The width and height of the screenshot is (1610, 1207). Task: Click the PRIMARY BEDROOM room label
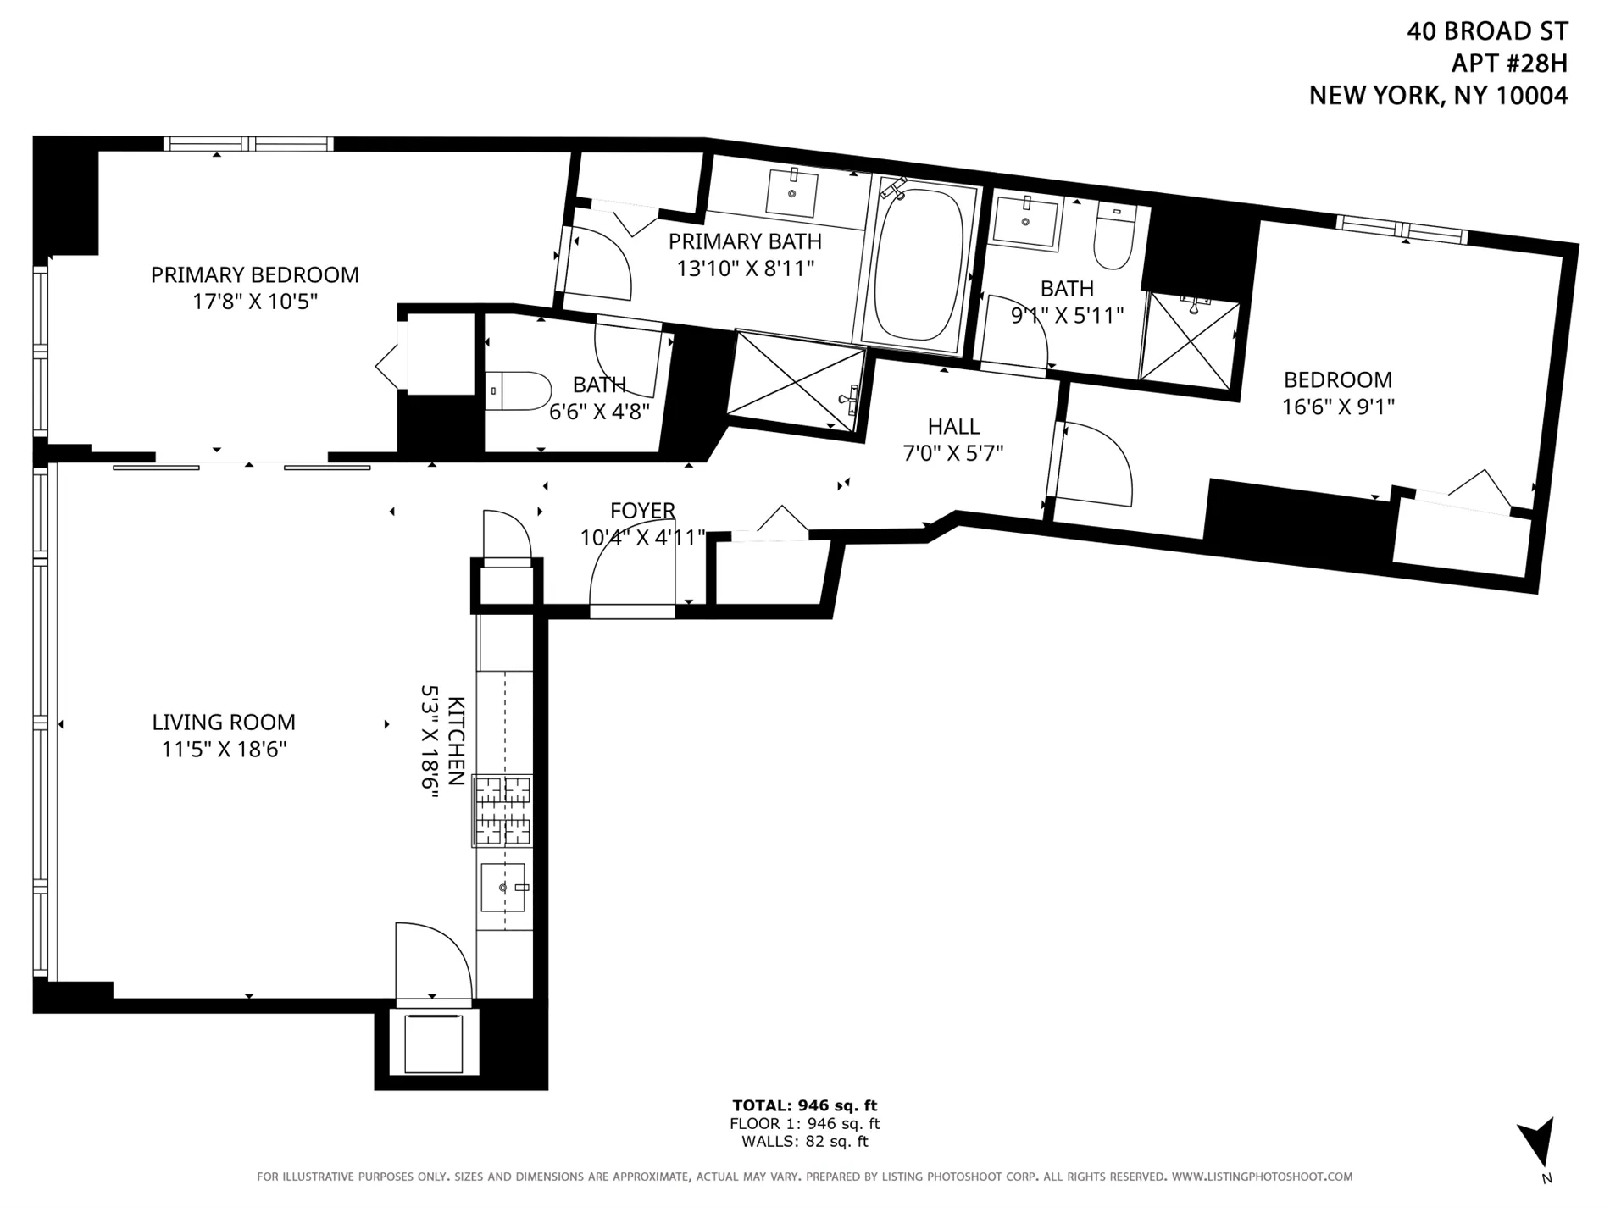click(254, 274)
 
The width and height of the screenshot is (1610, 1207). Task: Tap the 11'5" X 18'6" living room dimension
click(224, 750)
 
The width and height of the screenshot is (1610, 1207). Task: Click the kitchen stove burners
click(502, 811)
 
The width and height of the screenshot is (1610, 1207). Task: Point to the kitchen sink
click(502, 887)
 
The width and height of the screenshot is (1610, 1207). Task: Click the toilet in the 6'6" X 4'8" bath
click(517, 391)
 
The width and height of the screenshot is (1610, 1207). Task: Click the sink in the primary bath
click(791, 193)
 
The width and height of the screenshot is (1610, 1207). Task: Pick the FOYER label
click(642, 511)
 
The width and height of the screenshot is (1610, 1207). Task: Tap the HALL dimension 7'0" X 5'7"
click(952, 453)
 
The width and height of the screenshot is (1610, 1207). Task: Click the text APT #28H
click(1509, 64)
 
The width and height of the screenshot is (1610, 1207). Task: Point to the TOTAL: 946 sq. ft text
click(804, 1105)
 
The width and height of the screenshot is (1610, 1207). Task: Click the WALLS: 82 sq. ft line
click(804, 1142)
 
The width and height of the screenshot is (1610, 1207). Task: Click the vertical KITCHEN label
click(456, 741)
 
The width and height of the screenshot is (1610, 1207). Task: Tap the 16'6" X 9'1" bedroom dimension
click(1337, 407)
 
